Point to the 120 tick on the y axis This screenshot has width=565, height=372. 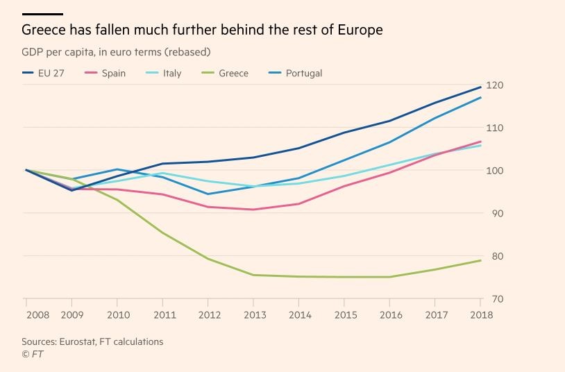pos(494,85)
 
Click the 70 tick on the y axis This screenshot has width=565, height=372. pos(494,299)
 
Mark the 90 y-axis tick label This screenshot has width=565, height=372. pos(494,213)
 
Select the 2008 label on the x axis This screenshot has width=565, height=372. pos(37,314)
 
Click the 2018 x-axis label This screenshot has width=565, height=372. pos(481,314)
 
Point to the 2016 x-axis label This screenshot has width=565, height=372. pos(390,314)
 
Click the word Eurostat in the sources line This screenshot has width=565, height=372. pos(83,341)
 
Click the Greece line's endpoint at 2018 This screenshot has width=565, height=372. pos(481,260)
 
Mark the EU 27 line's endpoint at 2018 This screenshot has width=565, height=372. pos(481,87)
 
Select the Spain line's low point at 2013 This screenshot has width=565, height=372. pos(253,210)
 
